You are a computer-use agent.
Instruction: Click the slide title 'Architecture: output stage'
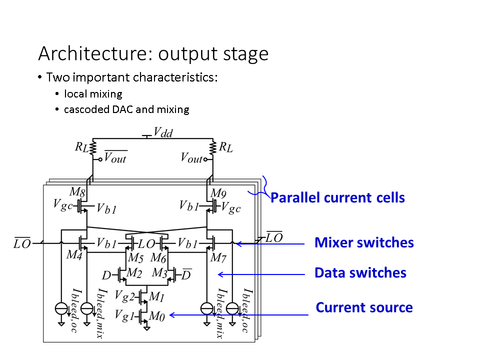tap(153, 53)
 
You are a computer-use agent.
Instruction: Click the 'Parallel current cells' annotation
tap(337, 197)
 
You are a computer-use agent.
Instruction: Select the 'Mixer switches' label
tap(364, 243)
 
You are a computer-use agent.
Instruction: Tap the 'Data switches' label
tap(360, 272)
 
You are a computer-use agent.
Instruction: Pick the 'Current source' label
tap(364, 307)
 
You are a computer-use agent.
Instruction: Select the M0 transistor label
tap(158, 316)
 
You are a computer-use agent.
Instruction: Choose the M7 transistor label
tap(218, 257)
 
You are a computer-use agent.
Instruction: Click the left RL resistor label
tap(81, 147)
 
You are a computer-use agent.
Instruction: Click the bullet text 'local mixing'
tap(93, 94)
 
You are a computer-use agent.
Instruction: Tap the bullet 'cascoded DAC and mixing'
tap(126, 109)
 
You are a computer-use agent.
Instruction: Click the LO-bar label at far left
tap(22, 244)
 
